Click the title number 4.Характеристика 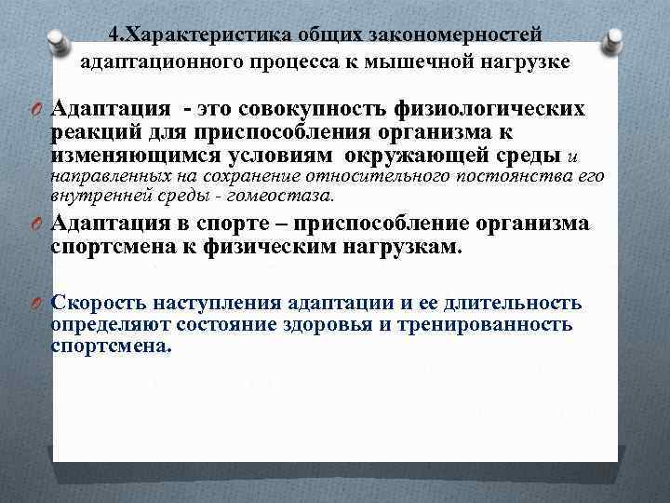177,34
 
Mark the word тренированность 490,324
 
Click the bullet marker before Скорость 34,304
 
